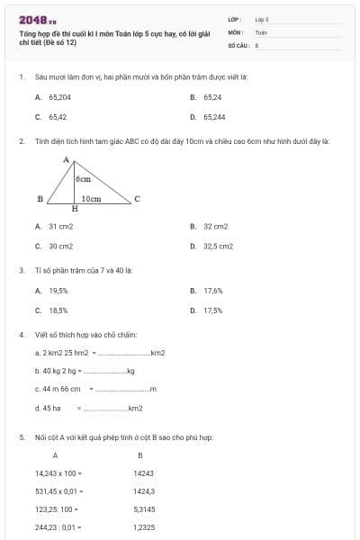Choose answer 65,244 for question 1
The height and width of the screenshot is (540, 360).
(x=214, y=117)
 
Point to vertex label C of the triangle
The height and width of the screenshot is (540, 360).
(x=137, y=199)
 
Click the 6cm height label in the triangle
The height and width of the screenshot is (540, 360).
(x=84, y=180)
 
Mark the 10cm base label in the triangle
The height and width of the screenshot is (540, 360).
(x=91, y=198)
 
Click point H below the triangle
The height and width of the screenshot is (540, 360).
(x=74, y=209)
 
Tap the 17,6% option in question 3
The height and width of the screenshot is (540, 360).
(x=213, y=291)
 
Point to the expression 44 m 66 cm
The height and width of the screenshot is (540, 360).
(x=58, y=389)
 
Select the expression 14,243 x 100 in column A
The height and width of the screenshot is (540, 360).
(x=59, y=472)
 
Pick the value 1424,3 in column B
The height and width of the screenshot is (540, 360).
(x=144, y=491)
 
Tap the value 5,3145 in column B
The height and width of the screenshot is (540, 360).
(x=144, y=509)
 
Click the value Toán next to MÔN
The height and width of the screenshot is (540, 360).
(x=261, y=31)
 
